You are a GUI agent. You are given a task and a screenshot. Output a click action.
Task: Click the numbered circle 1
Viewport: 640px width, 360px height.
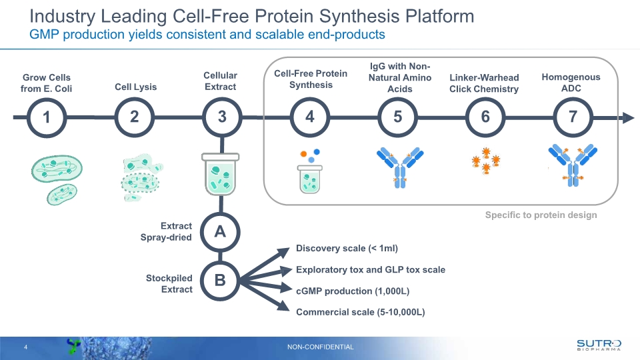pos(47,117)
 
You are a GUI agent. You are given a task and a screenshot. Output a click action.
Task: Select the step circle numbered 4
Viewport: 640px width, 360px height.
pos(310,117)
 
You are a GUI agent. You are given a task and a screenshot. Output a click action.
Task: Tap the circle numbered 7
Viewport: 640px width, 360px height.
pos(573,117)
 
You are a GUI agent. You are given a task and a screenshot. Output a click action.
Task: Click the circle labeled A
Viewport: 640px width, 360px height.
pos(221,232)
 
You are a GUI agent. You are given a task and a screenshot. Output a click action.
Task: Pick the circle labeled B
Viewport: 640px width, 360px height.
pos(221,281)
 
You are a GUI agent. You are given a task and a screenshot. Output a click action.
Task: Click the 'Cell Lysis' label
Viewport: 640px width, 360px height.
pos(135,87)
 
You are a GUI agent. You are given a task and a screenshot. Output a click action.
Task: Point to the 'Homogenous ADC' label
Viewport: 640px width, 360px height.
pos(571,83)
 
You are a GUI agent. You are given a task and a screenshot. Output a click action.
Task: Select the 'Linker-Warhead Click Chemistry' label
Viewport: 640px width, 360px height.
pos(484,83)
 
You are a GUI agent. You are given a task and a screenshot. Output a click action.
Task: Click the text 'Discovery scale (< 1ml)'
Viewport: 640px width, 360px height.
pos(347,249)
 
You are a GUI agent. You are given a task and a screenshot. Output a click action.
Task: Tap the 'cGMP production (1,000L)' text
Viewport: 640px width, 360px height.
pos(353,291)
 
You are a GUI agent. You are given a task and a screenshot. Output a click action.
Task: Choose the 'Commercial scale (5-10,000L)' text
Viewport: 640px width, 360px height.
pos(361,312)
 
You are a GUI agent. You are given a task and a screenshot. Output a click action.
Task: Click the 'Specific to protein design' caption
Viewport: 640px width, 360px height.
pos(541,215)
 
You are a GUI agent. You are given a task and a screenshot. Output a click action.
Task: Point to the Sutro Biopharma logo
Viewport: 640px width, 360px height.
pos(598,344)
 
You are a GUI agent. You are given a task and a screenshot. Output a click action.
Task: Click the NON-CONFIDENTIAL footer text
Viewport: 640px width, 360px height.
pos(321,347)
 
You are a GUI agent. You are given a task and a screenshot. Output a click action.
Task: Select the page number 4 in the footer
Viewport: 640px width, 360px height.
pos(25,347)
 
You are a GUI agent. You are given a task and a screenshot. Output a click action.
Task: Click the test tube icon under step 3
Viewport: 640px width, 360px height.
pos(220,173)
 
